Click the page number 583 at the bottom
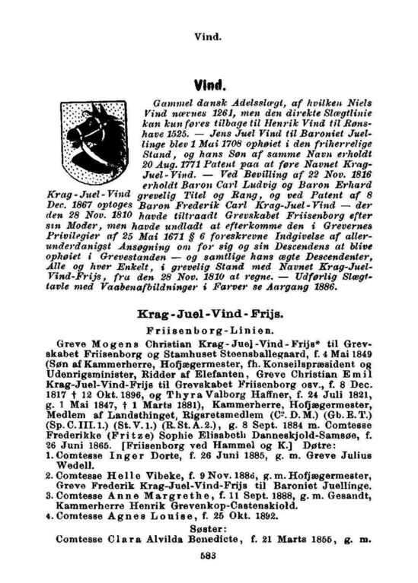(209, 553)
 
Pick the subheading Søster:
(209, 524)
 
